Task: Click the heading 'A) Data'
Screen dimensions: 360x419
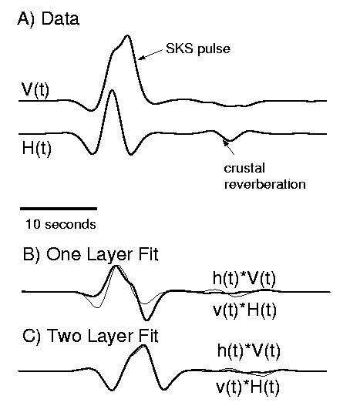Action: pos(48,19)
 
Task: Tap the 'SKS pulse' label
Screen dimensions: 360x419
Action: pos(198,49)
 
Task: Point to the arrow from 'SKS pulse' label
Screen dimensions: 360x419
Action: pos(150,54)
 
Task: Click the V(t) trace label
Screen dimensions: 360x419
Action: pos(35,90)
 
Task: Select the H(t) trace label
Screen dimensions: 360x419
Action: pos(37,149)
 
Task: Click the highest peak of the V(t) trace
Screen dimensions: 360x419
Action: pos(127,35)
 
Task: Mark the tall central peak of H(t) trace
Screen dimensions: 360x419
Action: pos(112,91)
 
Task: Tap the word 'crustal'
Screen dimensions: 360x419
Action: pos(244,169)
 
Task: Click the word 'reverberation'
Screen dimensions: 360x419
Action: pos(264,184)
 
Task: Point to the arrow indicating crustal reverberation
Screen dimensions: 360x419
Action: pos(229,148)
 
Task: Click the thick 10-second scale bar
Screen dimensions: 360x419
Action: pos(59,209)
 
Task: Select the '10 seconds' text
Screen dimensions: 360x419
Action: pos(61,224)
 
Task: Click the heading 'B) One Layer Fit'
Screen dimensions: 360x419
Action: pos(90,254)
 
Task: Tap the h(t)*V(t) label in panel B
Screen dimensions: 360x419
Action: pos(244,278)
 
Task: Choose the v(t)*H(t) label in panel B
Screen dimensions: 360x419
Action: pos(244,310)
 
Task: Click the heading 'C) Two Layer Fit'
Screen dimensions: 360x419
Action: pos(90,336)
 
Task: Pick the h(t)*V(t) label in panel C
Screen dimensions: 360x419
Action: pos(249,350)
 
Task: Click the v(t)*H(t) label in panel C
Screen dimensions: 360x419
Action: pos(247,387)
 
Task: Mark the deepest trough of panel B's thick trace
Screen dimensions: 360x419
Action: pos(146,320)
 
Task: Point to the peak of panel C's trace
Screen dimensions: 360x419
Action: pos(143,346)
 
